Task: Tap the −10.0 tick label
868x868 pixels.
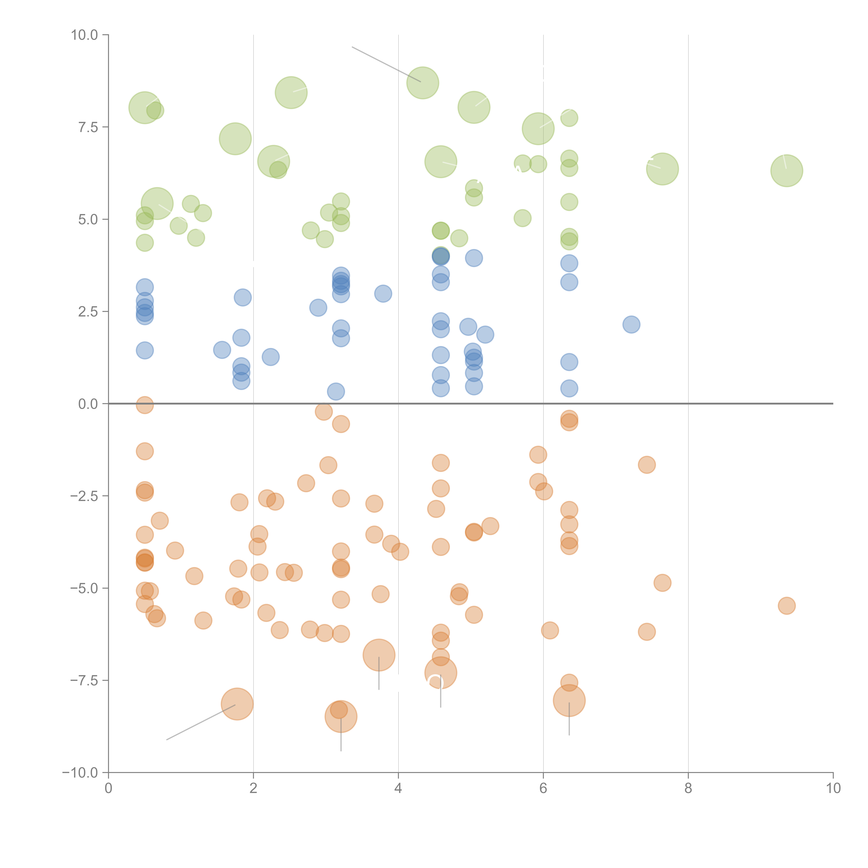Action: point(80,773)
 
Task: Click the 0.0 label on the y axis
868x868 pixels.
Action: point(88,404)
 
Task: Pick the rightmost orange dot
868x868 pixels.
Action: point(786,606)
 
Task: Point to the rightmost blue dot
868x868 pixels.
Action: point(631,324)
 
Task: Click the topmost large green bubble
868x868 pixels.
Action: point(422,83)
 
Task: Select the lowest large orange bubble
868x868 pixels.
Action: point(341,717)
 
